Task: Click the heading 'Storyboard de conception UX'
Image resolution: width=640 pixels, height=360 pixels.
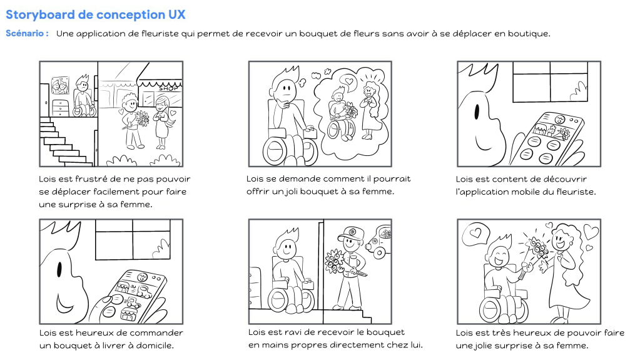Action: [x=95, y=14]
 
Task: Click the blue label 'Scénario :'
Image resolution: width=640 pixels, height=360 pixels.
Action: [x=27, y=33]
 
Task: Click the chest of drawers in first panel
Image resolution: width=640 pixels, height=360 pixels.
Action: [x=60, y=108]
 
